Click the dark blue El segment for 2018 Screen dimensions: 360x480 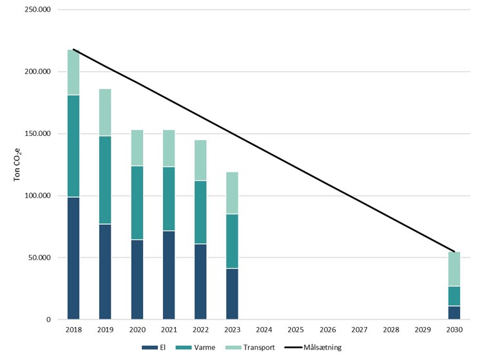(73, 258)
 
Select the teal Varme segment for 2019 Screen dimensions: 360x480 (105, 180)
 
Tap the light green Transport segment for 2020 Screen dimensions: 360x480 (137, 148)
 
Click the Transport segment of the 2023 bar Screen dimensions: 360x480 (232, 193)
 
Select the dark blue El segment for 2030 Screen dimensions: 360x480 (454, 312)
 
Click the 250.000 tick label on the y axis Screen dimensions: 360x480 (37, 10)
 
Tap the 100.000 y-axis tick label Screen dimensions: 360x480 (37, 196)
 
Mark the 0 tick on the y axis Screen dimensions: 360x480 (48, 320)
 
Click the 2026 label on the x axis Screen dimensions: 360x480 (327, 330)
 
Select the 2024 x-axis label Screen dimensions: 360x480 (264, 330)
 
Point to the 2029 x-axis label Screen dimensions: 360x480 (423, 330)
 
